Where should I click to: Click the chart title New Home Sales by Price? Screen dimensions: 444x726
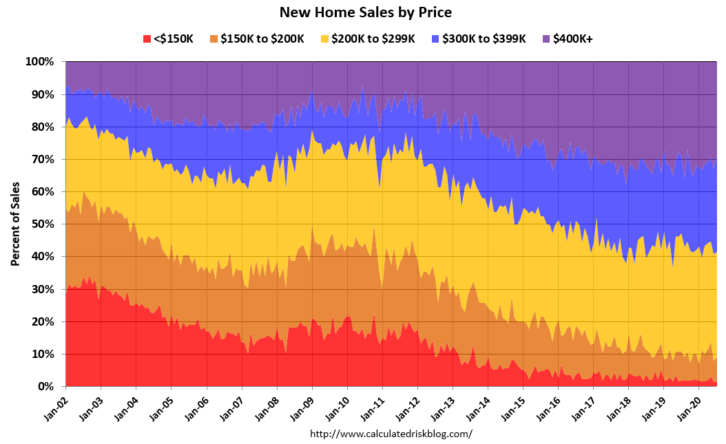(x=365, y=12)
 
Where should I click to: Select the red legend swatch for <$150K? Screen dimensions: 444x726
(x=146, y=39)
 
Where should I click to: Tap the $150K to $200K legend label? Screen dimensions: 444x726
(x=262, y=39)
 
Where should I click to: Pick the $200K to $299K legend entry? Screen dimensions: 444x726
(x=373, y=39)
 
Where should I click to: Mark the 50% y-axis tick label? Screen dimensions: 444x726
(x=42, y=224)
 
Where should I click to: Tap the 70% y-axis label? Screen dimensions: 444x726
(x=42, y=160)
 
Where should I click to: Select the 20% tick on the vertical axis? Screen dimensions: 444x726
(x=42, y=322)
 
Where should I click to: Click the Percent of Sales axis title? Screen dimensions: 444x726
(x=14, y=224)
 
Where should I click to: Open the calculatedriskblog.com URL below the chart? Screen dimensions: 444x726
(x=391, y=434)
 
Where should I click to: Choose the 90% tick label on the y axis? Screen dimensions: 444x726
(x=42, y=94)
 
